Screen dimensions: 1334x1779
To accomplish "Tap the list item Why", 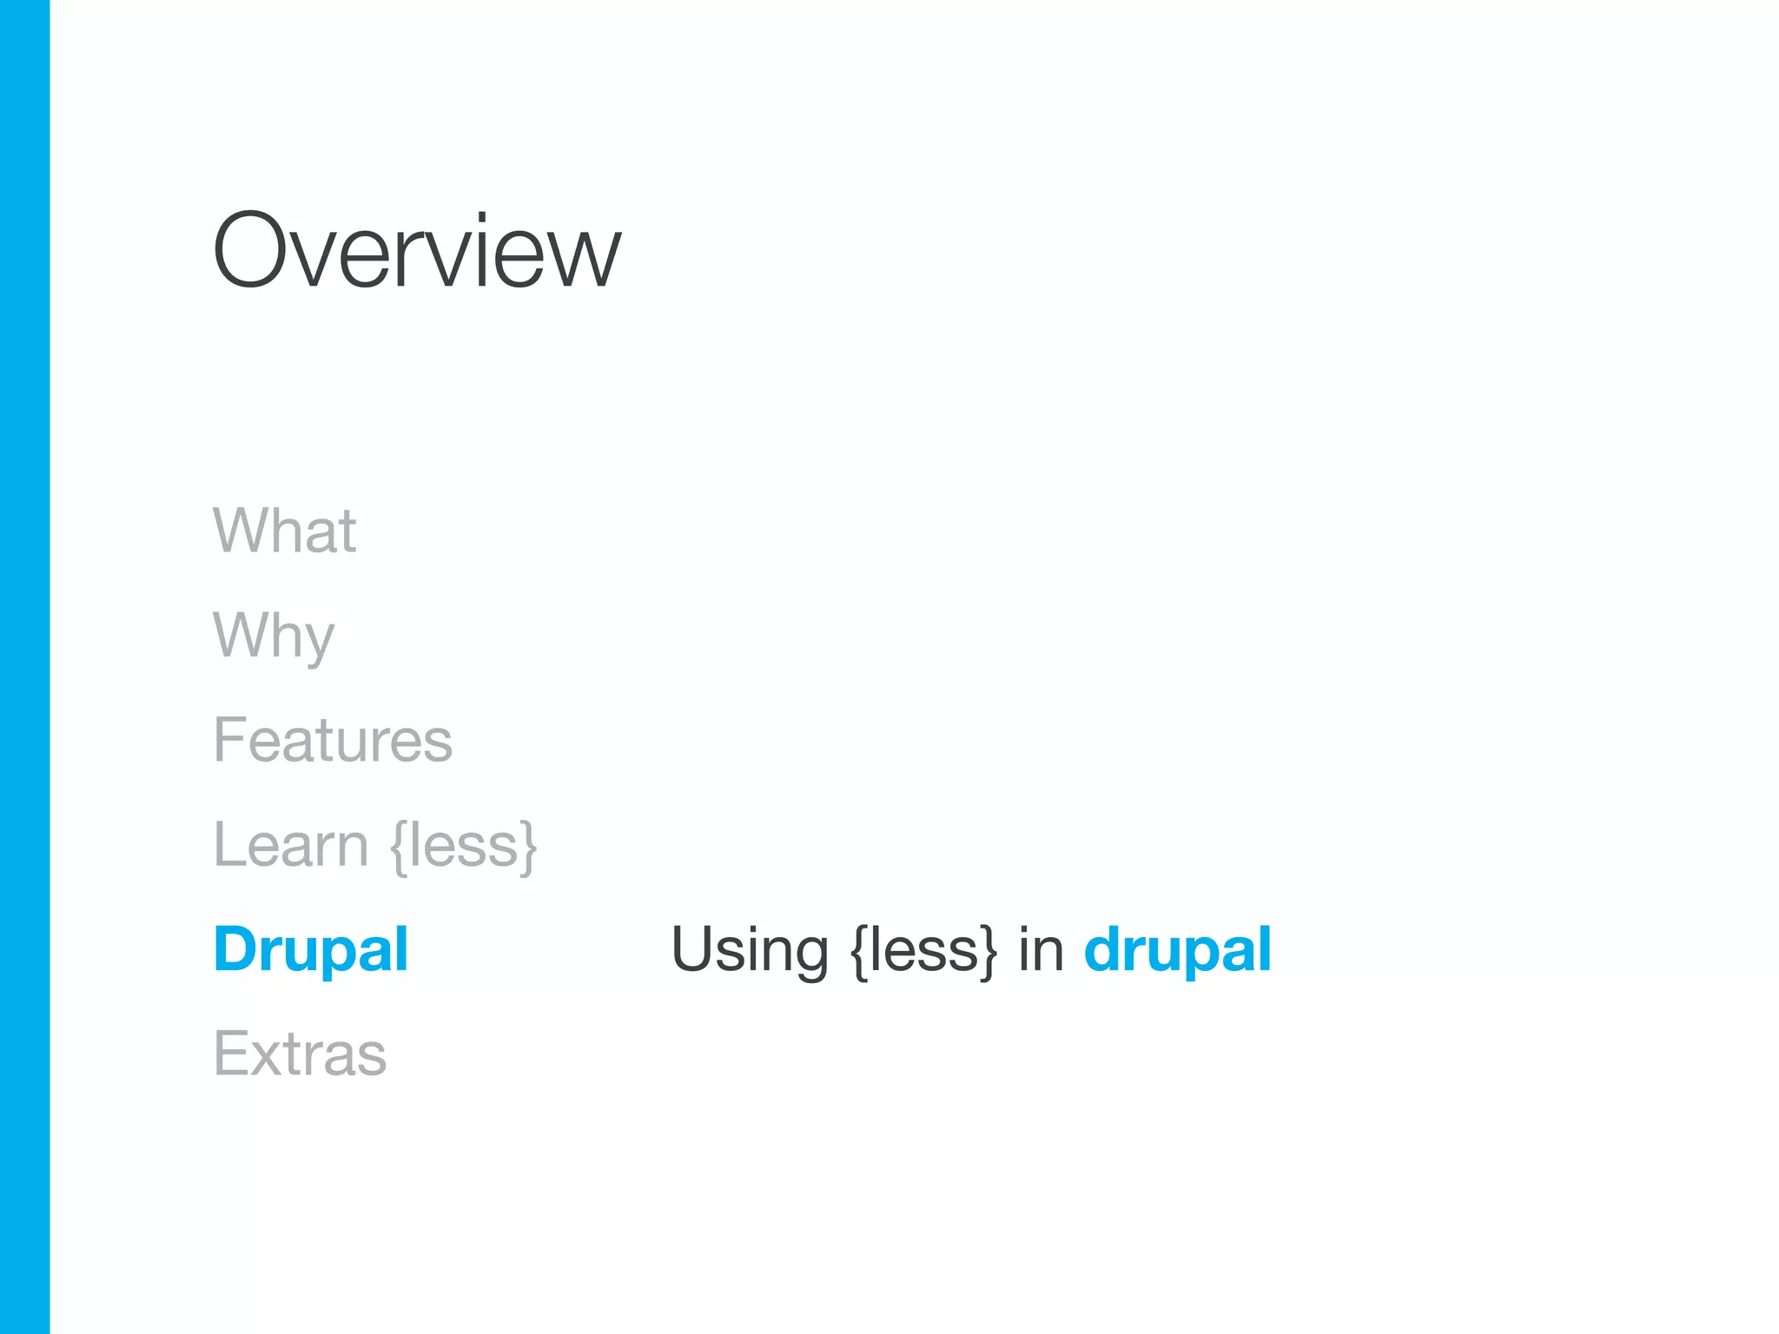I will click(x=274, y=636).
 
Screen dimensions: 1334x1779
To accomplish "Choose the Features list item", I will click(x=333, y=740).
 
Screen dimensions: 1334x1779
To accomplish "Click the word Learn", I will click(x=291, y=844).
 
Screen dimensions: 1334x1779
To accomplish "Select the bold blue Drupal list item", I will click(x=310, y=948).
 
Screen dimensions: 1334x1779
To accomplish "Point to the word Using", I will click(x=750, y=950).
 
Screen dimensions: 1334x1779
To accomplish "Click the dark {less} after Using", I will click(x=923, y=950).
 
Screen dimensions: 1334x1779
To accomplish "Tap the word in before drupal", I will click(x=1041, y=948).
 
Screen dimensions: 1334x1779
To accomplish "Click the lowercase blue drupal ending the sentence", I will click(x=1177, y=948).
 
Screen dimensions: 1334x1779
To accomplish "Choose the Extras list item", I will click(x=300, y=1053).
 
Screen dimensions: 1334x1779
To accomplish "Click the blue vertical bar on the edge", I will click(x=24, y=667).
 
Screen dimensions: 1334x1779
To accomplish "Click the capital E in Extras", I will click(x=230, y=1053).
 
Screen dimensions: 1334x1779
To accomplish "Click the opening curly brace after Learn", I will click(x=399, y=846).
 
